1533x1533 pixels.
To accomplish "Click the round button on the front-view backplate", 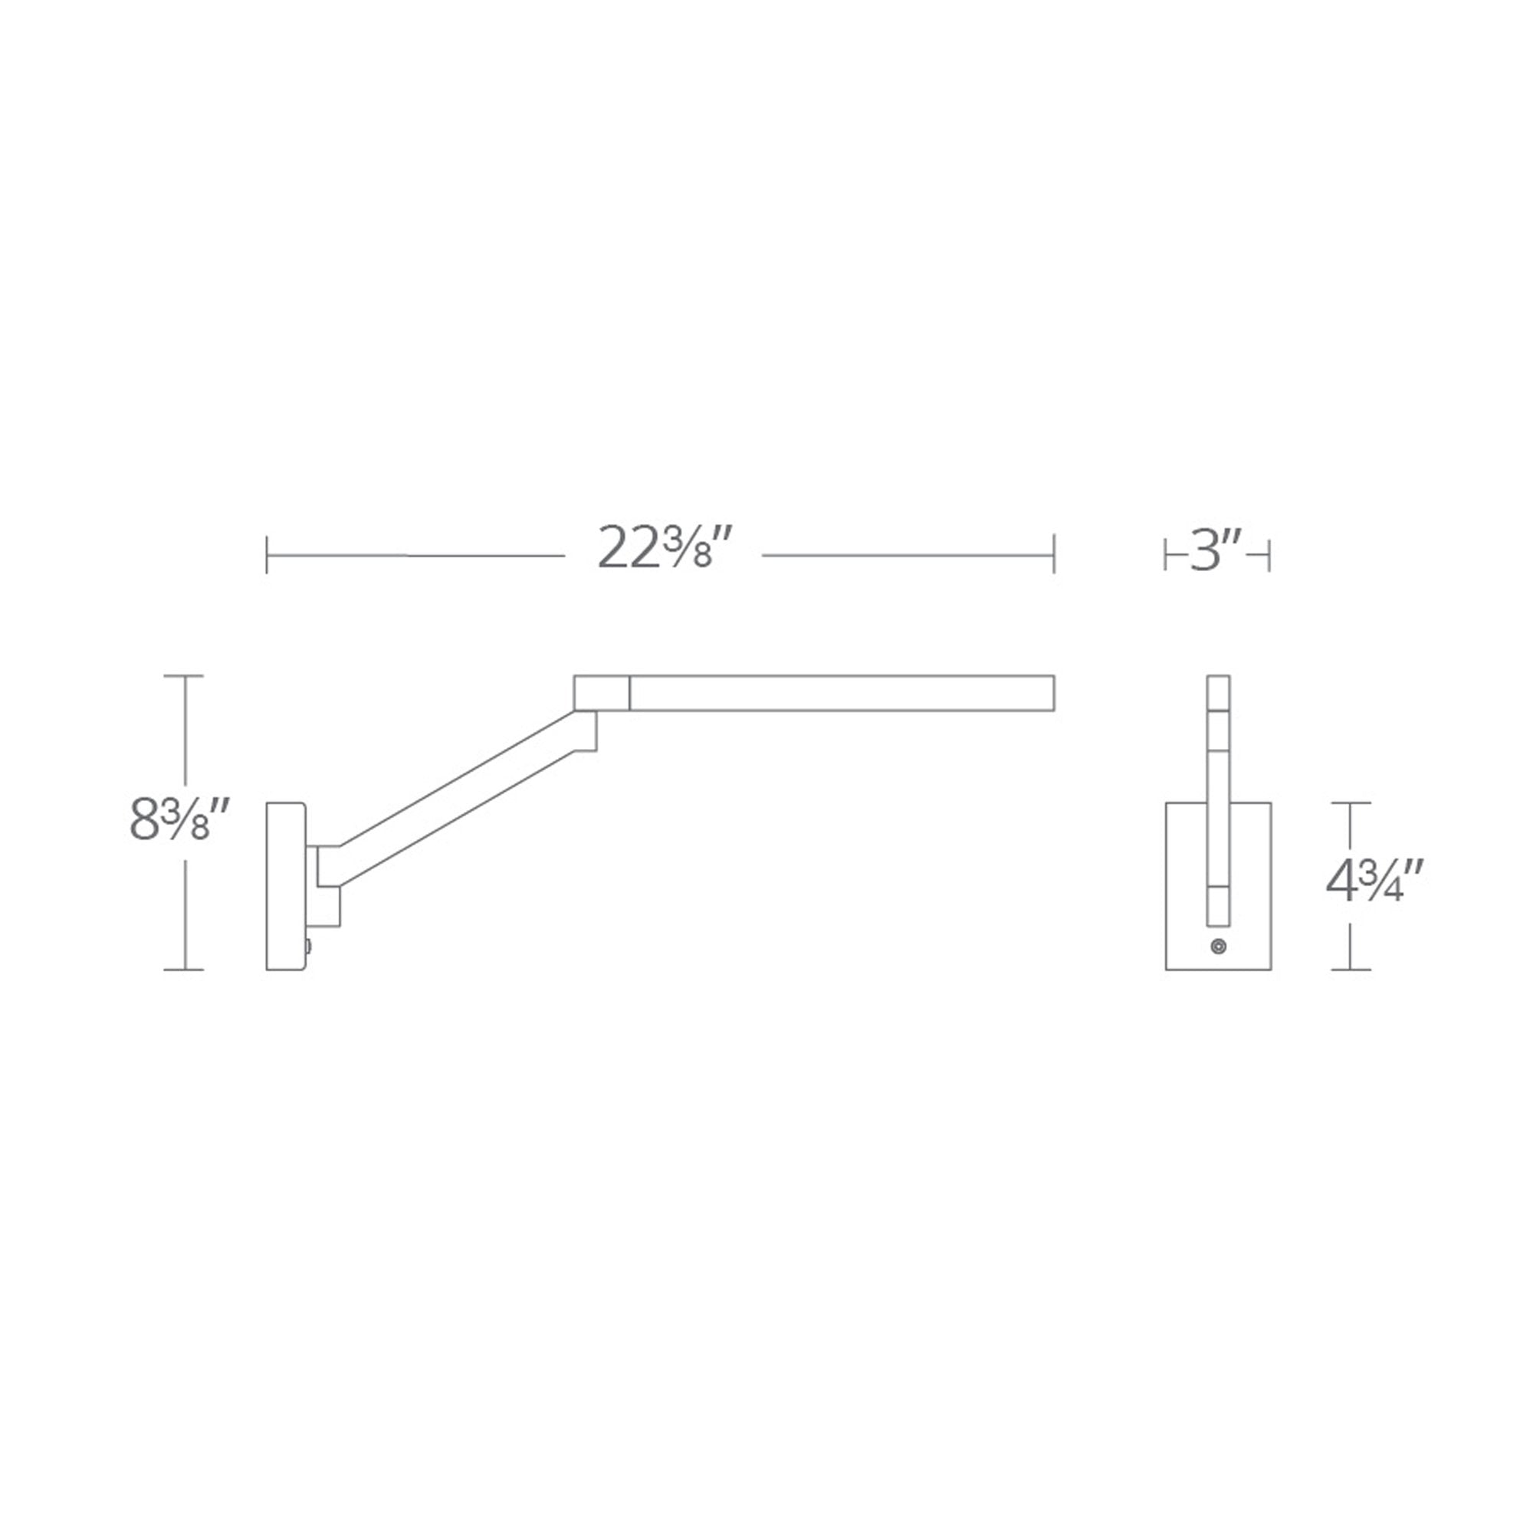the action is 1219,947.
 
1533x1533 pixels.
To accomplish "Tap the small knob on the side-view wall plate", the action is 308,947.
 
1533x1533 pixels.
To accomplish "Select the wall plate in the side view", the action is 286,886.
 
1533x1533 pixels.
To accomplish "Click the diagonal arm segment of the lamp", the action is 457,797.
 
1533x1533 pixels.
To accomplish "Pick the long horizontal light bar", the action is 841,693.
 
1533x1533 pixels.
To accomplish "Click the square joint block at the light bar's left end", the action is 602,693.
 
